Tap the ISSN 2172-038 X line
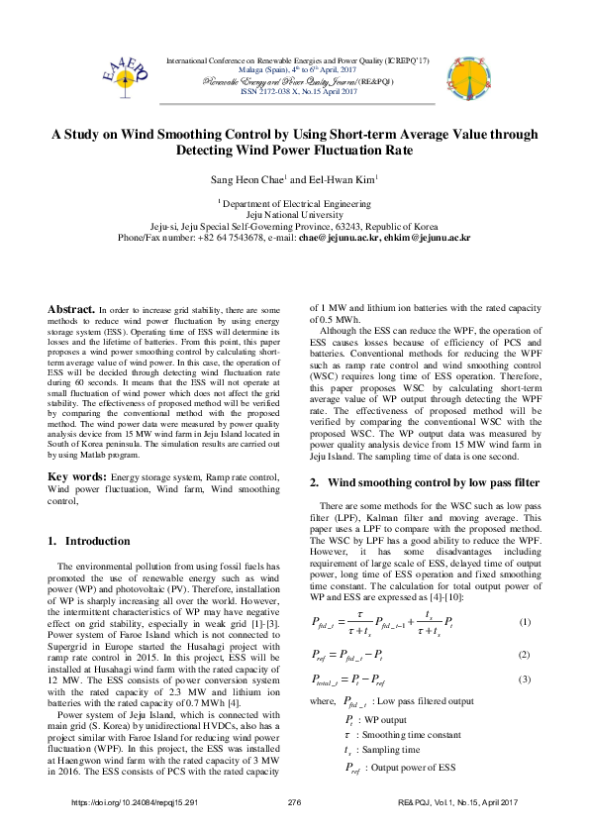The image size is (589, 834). coord(294,91)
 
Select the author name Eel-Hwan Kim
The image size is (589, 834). coord(341,181)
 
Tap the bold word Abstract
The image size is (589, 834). coord(71,309)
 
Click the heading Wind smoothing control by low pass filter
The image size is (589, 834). coord(433,482)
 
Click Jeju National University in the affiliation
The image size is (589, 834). coord(294,214)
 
